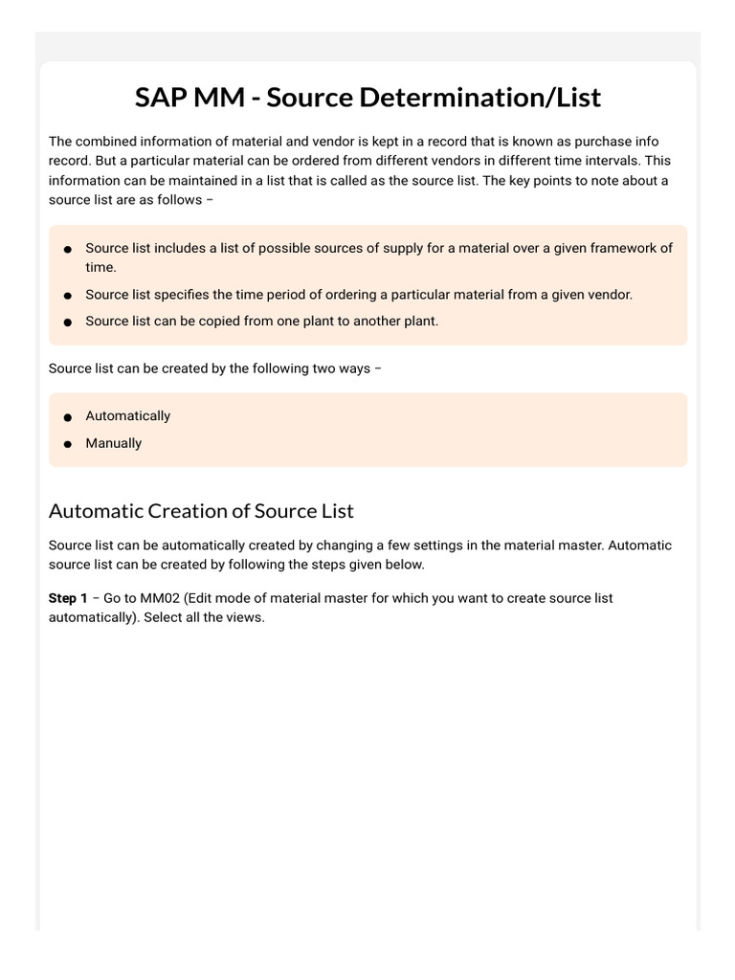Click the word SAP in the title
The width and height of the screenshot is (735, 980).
coord(160,97)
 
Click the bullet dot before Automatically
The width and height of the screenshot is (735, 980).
coord(68,417)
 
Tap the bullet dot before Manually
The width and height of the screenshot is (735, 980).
coord(68,444)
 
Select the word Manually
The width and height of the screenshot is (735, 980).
coord(113,443)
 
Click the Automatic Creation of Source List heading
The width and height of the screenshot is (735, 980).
coord(201,510)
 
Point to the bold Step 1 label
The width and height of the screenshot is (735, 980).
coord(68,598)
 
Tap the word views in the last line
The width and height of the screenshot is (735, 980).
coord(245,617)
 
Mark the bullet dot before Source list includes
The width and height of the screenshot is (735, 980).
coord(68,249)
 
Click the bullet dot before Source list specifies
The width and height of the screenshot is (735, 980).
coord(68,296)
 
